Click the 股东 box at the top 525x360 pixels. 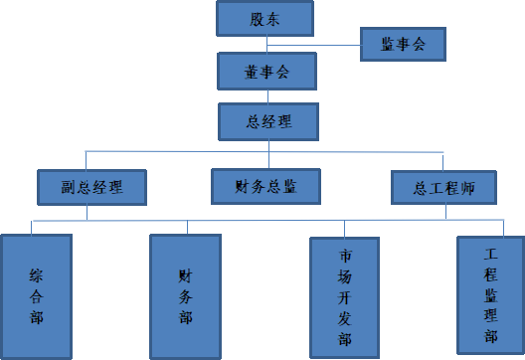(263, 18)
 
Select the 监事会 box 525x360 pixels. (402, 45)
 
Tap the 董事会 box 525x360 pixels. (266, 72)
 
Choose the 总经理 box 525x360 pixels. (268, 122)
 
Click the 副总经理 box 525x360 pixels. (91, 186)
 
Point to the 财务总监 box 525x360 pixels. (266, 185)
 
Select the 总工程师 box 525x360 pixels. (442, 186)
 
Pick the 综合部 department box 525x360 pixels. (37, 295)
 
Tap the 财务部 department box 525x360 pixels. (185, 295)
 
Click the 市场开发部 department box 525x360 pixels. (345, 297)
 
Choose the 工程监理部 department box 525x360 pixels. (490, 295)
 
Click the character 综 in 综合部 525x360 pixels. (37, 274)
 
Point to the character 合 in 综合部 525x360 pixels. (37, 295)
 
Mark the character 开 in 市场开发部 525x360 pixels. (345, 296)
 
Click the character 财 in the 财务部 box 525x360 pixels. (185, 274)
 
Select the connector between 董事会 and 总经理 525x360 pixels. (266, 96)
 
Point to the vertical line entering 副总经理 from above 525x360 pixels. (87, 160)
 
